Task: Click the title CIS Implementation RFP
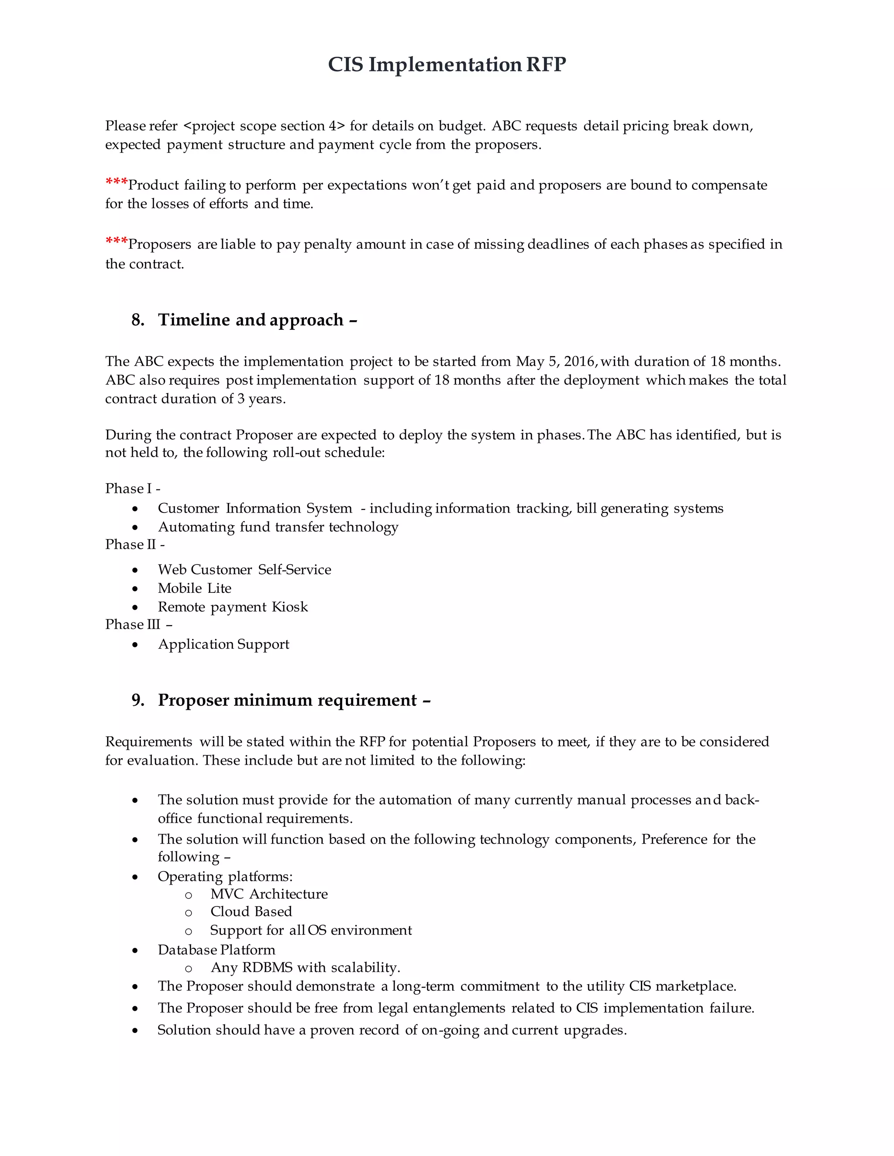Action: tap(447, 65)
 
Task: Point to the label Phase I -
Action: tap(132, 488)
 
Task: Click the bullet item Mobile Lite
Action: tap(194, 588)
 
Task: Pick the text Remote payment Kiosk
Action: tap(233, 607)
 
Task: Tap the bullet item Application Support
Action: tap(223, 644)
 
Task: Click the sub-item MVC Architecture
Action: tap(268, 894)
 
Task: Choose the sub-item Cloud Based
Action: tap(251, 911)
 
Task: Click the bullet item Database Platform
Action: tap(216, 950)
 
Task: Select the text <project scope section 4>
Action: tap(264, 126)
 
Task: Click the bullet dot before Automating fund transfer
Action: tap(136, 528)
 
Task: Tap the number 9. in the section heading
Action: tap(138, 700)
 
